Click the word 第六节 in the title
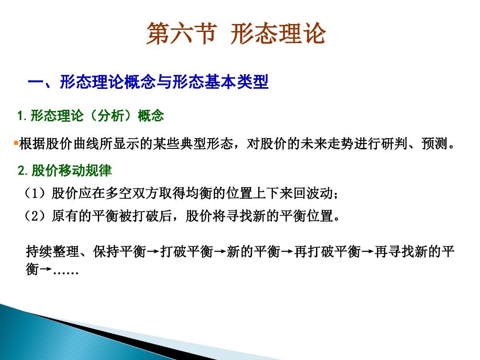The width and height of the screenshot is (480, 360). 180,34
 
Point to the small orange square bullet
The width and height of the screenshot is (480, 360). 16,143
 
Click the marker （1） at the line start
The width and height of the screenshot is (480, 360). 36,194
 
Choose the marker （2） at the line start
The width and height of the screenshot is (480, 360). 36,216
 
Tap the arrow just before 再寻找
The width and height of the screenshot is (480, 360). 367,252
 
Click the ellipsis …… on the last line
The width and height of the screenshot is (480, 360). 66,270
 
